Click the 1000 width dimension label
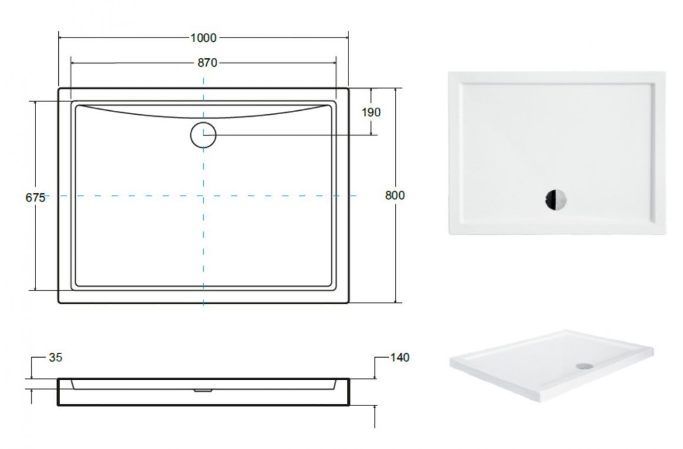click(203, 38)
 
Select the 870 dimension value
click(207, 63)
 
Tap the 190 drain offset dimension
click(371, 112)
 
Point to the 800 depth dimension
click(394, 195)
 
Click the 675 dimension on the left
click(35, 197)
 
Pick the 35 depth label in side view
click(56, 358)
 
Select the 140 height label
click(399, 358)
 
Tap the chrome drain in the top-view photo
click(556, 200)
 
